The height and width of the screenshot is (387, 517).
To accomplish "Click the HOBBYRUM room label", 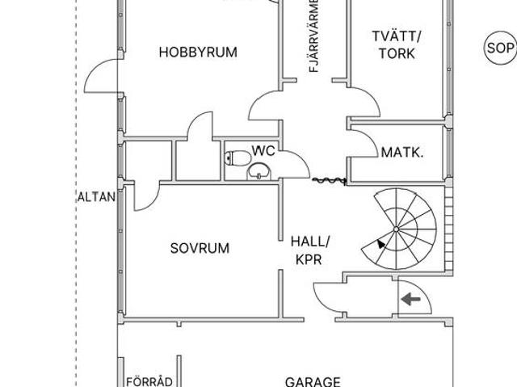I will (198, 53).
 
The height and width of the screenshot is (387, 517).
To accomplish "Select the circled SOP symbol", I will (499, 48).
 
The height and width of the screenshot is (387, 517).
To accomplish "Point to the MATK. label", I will (402, 152).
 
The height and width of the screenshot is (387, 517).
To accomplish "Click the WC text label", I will (263, 150).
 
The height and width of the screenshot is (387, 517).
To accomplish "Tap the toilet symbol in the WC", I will (235, 158).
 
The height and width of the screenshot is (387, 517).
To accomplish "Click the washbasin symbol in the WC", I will (258, 170).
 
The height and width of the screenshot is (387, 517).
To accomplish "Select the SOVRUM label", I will (200, 248).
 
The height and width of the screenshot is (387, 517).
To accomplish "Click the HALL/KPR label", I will (310, 250).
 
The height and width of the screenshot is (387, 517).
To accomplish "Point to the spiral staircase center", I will (397, 230).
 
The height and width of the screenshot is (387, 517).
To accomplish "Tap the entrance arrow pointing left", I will (412, 300).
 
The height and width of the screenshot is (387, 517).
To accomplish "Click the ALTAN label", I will (96, 196).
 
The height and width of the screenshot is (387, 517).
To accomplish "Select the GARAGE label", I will (313, 381).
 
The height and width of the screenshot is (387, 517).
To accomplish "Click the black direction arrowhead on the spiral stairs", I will (380, 244).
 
